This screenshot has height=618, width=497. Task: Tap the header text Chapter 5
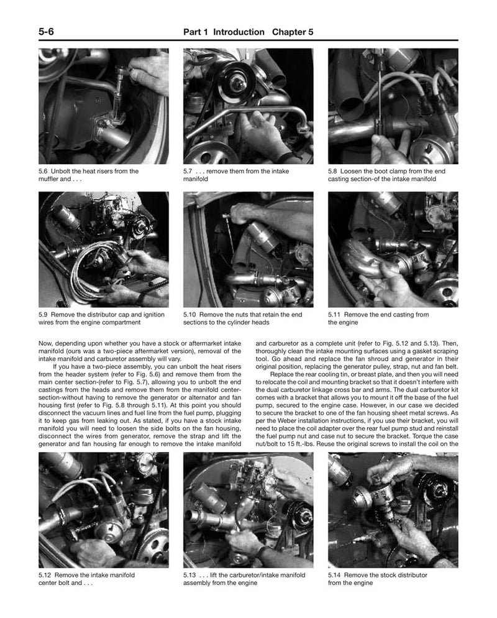pos(293,32)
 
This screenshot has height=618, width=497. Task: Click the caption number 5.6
pos(43,171)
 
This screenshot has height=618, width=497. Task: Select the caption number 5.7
pos(188,171)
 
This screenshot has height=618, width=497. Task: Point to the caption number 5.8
pos(334,171)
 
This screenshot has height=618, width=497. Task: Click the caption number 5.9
pos(43,315)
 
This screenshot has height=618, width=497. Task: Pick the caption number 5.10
pos(190,315)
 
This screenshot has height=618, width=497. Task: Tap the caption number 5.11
pos(335,315)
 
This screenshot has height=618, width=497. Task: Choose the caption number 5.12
pos(45,575)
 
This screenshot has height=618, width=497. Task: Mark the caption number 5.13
pos(190,575)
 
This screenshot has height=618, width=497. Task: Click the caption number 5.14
pos(335,575)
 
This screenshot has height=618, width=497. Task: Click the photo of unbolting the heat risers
pos(103,106)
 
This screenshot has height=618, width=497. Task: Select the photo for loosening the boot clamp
pos(393,106)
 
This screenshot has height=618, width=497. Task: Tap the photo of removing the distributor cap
pos(103,249)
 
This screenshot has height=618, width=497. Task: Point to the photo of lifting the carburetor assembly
pos(248,510)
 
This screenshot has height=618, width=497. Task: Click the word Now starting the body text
pos(46,343)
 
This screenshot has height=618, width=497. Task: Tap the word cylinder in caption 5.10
pos(250,323)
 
